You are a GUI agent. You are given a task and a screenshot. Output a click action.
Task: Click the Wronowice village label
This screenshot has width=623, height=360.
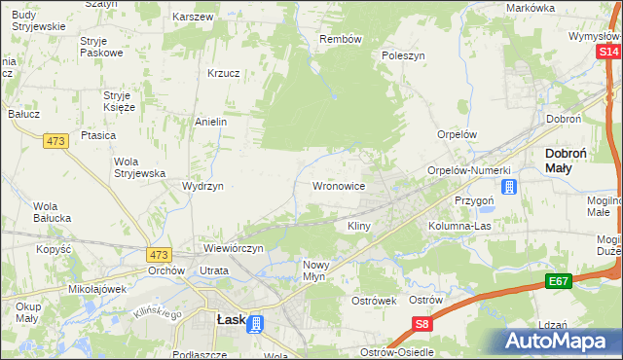pyautogui.click(x=338, y=185)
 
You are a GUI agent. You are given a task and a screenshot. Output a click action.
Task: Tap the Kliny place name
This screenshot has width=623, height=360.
pyautogui.click(x=359, y=226)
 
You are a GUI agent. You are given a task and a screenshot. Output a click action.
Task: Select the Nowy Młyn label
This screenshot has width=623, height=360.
pyautogui.click(x=321, y=270)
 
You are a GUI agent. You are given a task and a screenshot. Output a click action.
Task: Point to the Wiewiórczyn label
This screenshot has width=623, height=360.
pyautogui.click(x=234, y=248)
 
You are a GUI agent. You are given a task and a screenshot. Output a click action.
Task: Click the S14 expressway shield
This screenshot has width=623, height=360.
pyautogui.click(x=610, y=51)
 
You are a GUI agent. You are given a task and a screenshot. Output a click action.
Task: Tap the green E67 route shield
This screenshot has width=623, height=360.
pyautogui.click(x=558, y=281)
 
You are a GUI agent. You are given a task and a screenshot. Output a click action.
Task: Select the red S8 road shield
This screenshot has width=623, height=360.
pyautogui.click(x=421, y=324)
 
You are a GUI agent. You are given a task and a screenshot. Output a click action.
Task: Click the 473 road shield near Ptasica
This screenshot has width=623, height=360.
pyautogui.click(x=55, y=141)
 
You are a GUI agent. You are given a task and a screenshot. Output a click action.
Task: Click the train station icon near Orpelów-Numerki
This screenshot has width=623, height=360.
pyautogui.click(x=507, y=186)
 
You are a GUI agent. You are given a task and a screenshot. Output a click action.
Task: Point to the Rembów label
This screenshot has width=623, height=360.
pyautogui.click(x=341, y=39)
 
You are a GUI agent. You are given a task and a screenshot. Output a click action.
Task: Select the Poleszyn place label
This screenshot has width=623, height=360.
pyautogui.click(x=404, y=56)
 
